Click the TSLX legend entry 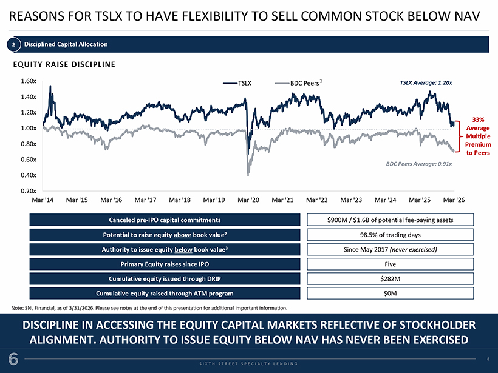tap(237, 83)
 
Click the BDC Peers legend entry tap(299, 83)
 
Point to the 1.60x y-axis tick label tap(29, 81)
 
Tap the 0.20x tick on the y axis tap(29, 191)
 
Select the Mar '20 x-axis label tap(248, 200)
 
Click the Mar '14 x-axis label tap(43, 200)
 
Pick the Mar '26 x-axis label tap(454, 200)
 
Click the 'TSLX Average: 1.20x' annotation tap(426, 82)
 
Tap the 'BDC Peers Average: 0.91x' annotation tap(419, 164)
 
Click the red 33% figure tap(478, 119)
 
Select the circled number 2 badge tap(13, 44)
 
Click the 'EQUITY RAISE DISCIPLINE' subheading tap(64, 64)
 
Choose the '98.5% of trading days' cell tap(391, 235)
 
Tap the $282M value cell tap(391, 279)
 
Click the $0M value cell tap(391, 294)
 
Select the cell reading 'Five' tap(391, 264)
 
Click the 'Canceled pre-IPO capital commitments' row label tap(165, 220)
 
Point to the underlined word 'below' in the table tap(183, 250)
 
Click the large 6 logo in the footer tap(13, 359)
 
